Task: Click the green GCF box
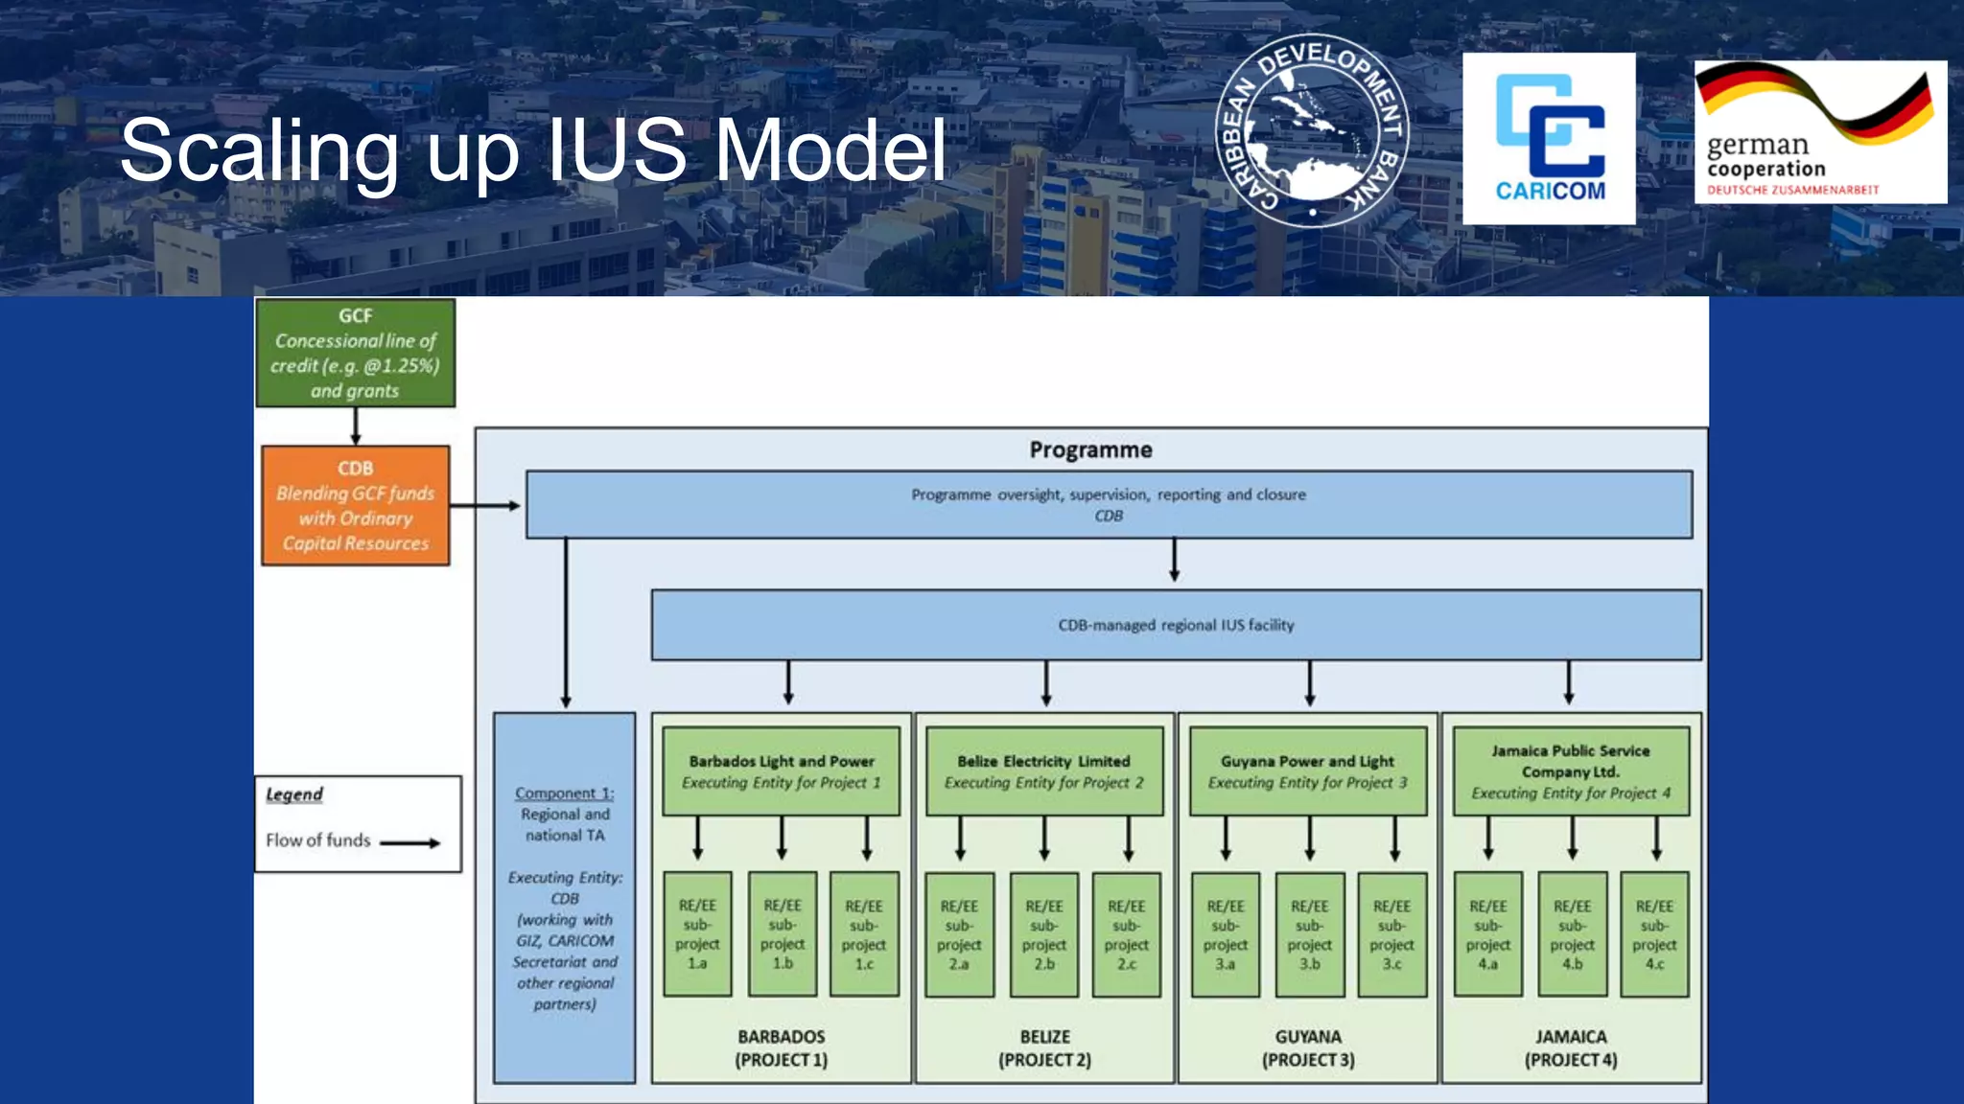pos(355,353)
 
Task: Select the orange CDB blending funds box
pos(355,505)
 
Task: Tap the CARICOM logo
pos(1549,139)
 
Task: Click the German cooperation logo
pos(1820,132)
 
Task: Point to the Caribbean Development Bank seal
pos(1312,131)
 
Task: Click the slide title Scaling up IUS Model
pos(533,150)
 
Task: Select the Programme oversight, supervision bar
pos(1109,504)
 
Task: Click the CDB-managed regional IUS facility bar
pos(1176,625)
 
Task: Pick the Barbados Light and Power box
pos(781,771)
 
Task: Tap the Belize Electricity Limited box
pos(1043,771)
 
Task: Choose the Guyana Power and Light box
pos(1307,771)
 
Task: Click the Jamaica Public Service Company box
pos(1570,771)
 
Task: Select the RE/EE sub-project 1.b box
pos(783,933)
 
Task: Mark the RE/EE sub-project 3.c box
pos(1391,934)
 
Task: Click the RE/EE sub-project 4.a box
pos(1487,934)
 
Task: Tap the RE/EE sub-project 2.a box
pos(959,934)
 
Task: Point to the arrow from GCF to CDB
pos(355,426)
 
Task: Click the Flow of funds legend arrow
pos(410,843)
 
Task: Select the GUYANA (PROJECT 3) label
pos(1307,1048)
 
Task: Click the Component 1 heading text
pos(564,793)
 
